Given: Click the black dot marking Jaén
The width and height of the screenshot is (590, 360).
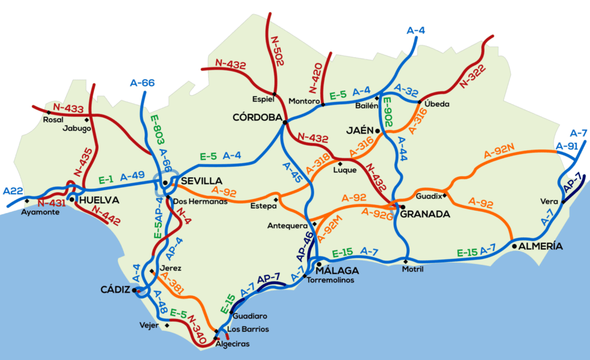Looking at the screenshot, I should [378, 131].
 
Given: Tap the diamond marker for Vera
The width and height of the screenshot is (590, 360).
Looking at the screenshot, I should [563, 202].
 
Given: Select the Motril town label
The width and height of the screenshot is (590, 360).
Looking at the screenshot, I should [413, 270].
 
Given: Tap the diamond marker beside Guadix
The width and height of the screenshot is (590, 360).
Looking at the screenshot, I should [445, 195].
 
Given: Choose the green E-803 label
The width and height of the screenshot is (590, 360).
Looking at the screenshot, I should [154, 131].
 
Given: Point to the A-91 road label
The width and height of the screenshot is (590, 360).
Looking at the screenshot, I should [566, 146].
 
